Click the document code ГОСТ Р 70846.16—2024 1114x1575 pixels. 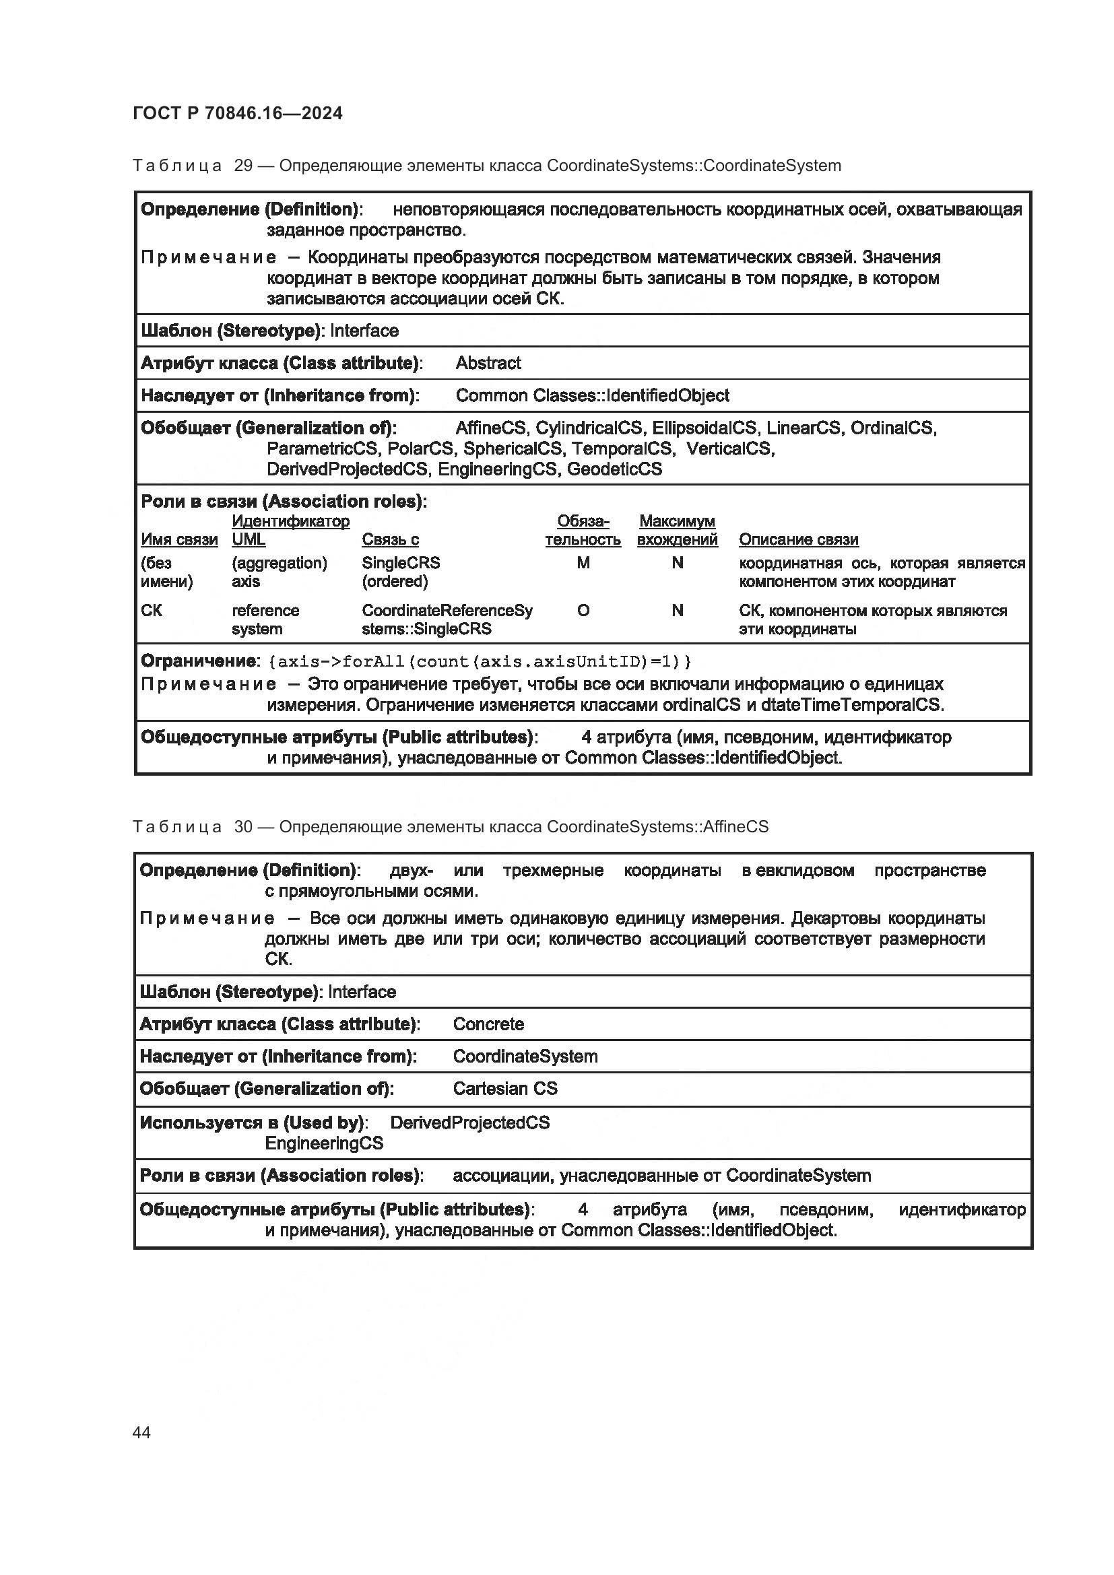[237, 113]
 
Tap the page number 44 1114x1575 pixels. [141, 1432]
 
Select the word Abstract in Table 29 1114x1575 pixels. [488, 363]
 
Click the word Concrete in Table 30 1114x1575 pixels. [488, 1024]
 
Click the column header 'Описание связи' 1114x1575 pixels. [799, 540]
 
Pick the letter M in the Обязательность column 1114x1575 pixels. [583, 563]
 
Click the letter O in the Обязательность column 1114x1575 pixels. [583, 611]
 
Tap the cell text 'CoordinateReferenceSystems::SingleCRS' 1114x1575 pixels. [447, 619]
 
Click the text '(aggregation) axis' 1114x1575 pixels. [280, 572]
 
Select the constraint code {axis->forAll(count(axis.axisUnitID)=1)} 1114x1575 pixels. [480, 662]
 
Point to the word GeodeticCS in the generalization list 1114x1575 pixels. [614, 469]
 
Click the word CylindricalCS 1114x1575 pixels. [589, 428]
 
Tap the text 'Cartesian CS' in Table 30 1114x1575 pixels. [505, 1089]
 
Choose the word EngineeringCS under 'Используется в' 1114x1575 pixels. [324, 1143]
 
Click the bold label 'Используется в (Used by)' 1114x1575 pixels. [253, 1123]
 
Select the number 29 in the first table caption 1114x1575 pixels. [244, 166]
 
